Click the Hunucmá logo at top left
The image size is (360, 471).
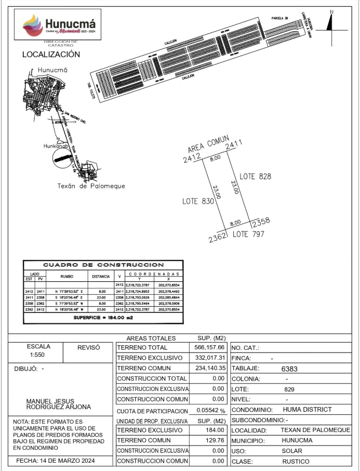click(x=60, y=25)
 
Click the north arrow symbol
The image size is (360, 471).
click(x=331, y=22)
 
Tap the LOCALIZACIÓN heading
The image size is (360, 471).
click(x=51, y=54)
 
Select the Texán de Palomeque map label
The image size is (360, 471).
click(x=91, y=186)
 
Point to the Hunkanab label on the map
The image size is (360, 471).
click(x=56, y=146)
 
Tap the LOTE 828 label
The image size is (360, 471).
click(x=255, y=177)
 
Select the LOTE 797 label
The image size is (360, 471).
click(x=248, y=234)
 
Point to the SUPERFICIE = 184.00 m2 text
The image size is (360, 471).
click(x=103, y=317)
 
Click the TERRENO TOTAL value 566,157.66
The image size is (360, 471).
click(x=207, y=347)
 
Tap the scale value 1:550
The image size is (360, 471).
click(x=38, y=357)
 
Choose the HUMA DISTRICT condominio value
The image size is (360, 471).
click(x=307, y=410)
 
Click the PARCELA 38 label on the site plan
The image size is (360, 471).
click(x=279, y=18)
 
